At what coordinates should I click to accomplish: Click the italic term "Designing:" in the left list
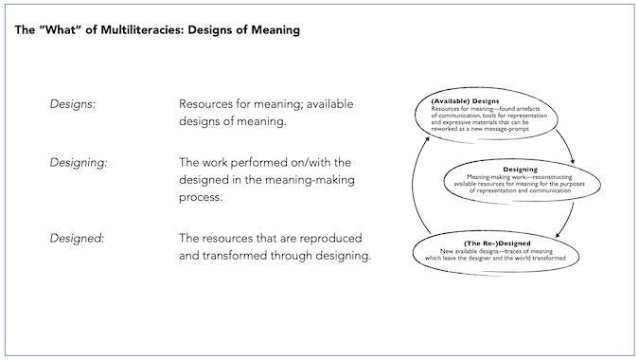[x=78, y=162]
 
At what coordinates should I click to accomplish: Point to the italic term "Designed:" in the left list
[x=77, y=237]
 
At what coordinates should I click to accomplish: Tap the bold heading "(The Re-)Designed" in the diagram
[x=472, y=243]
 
